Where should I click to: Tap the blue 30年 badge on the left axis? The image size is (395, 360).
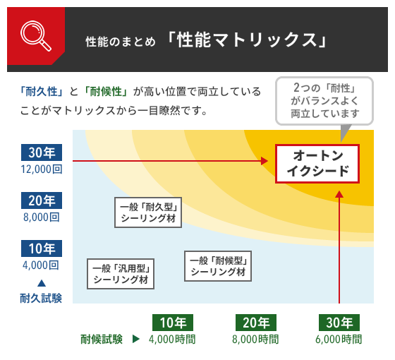[42, 152]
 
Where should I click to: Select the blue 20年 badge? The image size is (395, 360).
[42, 200]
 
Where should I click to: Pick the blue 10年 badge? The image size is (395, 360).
[42, 248]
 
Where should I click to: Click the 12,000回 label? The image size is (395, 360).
[42, 169]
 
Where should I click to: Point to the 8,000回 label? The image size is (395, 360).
[42, 217]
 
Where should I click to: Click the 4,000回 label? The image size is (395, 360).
[42, 265]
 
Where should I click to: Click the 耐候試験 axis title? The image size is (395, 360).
[102, 339]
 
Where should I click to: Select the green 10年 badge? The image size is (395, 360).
[172, 323]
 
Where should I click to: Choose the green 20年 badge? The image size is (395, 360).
[255, 323]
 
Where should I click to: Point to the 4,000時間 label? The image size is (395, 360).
[172, 340]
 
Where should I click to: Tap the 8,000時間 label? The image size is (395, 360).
[255, 340]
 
